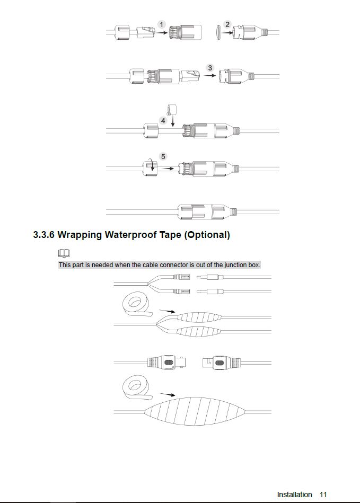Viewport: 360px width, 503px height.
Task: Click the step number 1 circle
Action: pyautogui.click(x=162, y=24)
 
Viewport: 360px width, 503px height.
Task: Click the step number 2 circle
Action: pyautogui.click(x=227, y=24)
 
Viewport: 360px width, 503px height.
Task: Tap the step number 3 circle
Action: pyautogui.click(x=210, y=68)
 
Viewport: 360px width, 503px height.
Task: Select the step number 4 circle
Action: pyautogui.click(x=163, y=121)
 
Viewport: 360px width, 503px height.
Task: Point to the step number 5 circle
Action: pyautogui.click(x=163, y=156)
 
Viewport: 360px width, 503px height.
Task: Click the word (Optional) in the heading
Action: pyautogui.click(x=207, y=235)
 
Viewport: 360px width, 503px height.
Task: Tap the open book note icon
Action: pyautogui.click(x=64, y=253)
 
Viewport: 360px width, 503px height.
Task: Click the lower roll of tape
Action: pyautogui.click(x=135, y=390)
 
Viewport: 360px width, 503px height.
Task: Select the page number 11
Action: pyautogui.click(x=323, y=495)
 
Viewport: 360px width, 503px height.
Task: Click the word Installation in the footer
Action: pyautogui.click(x=294, y=495)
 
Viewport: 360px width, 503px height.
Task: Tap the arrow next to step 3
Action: pyautogui.click(x=212, y=76)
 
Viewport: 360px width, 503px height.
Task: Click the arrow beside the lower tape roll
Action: pyautogui.click(x=168, y=394)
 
